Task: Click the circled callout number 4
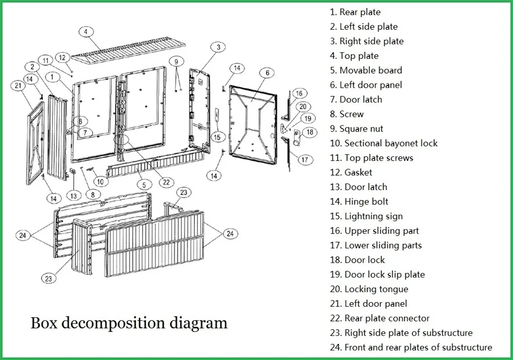(85, 32)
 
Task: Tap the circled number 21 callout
(19, 86)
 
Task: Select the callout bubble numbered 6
(267, 73)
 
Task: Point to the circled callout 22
(166, 182)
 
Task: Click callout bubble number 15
(217, 137)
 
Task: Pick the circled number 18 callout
(310, 133)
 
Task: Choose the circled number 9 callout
(176, 62)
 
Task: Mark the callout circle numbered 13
(74, 196)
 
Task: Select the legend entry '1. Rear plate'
(355, 12)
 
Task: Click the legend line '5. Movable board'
(366, 71)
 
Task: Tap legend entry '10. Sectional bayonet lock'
(384, 143)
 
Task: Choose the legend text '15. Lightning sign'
(366, 217)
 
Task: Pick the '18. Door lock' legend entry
(357, 260)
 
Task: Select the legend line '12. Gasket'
(351, 173)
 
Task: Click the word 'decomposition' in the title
(114, 323)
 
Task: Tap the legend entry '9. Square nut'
(356, 129)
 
